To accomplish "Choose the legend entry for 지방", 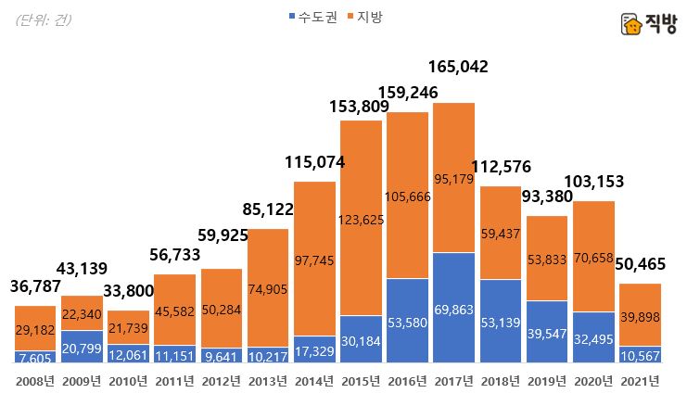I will (x=369, y=17).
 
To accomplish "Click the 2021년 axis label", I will (x=641, y=381).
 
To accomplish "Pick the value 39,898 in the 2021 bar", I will (x=641, y=318).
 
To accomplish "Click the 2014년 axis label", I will (x=315, y=381).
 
